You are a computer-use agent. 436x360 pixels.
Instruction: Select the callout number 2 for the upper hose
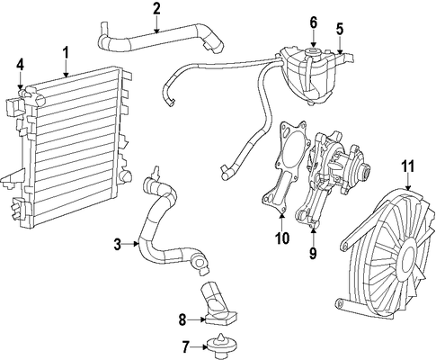click(x=156, y=10)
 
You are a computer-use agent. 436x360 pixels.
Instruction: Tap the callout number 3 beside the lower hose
click(x=118, y=244)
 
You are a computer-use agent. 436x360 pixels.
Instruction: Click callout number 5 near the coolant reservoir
click(x=340, y=29)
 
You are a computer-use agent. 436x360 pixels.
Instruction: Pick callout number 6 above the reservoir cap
click(x=313, y=22)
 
